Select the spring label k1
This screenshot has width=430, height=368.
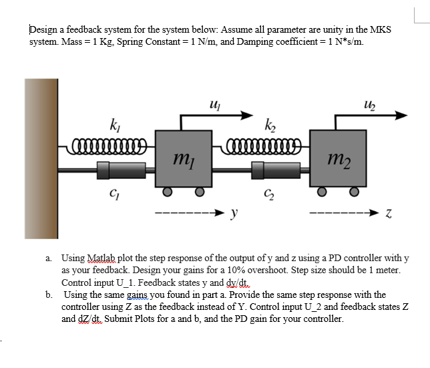tap(114, 124)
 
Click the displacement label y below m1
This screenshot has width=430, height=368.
tap(234, 214)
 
